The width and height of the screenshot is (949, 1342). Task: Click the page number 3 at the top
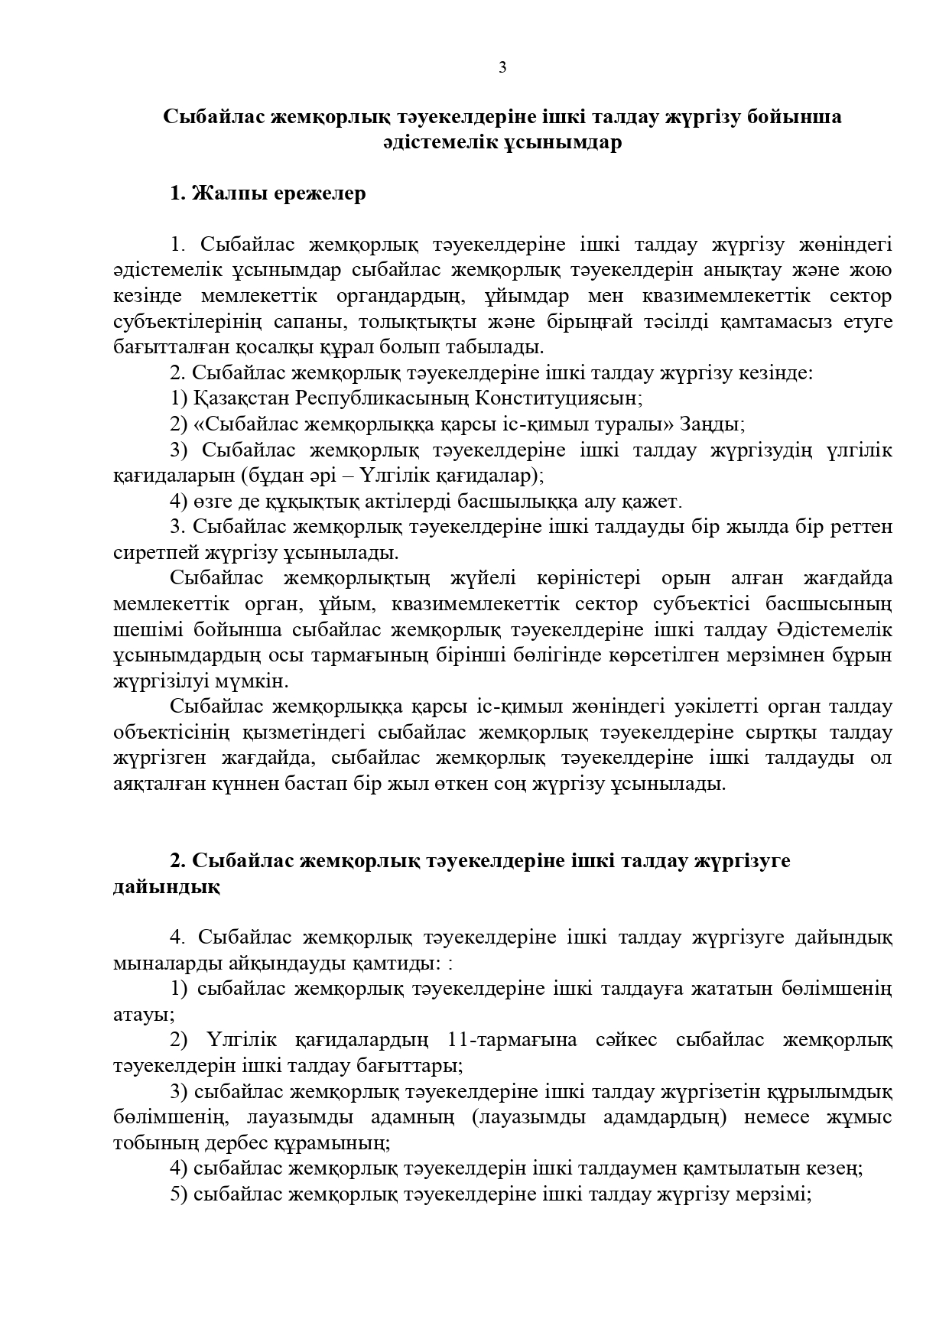[502, 67]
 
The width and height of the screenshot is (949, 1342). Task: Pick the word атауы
[143, 1015]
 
